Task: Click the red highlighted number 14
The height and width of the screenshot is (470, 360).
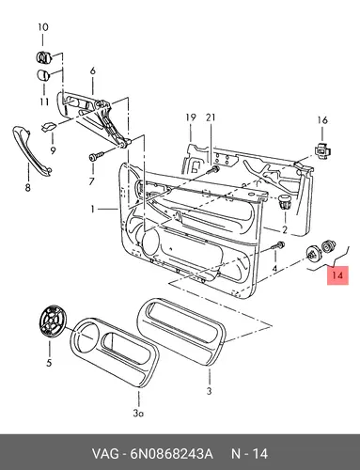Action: click(337, 275)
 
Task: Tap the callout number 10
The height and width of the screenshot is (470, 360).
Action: click(43, 27)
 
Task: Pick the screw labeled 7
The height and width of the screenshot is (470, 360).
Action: click(97, 156)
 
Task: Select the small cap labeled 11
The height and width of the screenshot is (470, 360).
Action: click(43, 75)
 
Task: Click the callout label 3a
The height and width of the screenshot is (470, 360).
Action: click(138, 414)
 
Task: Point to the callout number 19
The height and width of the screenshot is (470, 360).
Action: click(191, 117)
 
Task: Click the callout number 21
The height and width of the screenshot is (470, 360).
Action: click(211, 117)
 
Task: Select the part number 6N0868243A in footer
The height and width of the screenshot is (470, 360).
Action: click(172, 454)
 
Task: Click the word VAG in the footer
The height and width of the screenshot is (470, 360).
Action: click(105, 454)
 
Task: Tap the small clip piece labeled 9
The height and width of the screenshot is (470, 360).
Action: click(49, 127)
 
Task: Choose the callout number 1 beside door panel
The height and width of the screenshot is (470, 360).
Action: click(92, 209)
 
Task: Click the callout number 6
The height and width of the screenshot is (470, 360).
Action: click(92, 71)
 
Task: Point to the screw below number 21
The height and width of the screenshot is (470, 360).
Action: click(214, 170)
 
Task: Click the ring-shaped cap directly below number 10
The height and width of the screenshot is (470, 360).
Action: click(43, 56)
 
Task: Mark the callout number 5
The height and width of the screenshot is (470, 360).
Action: click(49, 363)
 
